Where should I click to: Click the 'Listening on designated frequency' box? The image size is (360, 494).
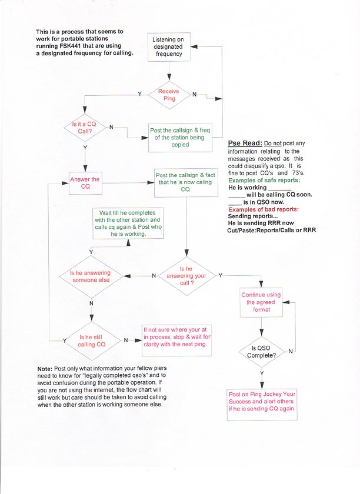[169, 46]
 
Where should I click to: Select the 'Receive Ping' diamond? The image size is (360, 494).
[169, 95]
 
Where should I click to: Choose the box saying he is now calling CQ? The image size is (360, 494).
[185, 182]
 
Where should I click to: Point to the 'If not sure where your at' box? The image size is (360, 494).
[176, 340]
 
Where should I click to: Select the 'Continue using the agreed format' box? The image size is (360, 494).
[261, 302]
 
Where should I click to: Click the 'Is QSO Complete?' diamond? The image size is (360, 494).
[261, 351]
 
